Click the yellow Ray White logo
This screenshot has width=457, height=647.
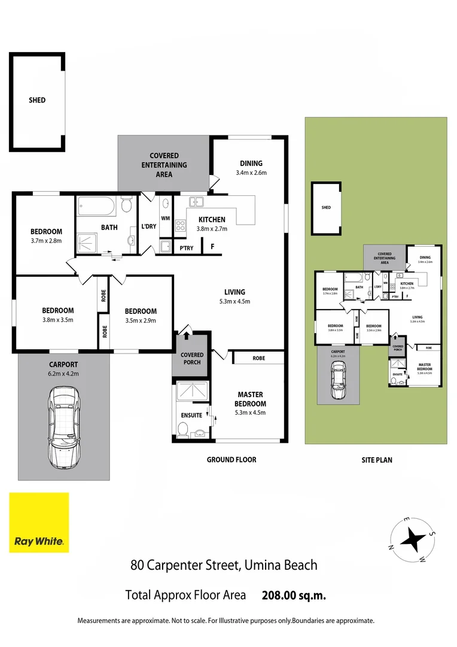coord(39,522)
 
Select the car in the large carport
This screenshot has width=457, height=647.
coord(64,427)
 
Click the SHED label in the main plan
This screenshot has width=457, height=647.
coord(37,100)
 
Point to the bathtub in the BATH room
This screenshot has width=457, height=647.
coord(96,208)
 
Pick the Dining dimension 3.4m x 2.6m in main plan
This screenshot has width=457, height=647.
coord(251,173)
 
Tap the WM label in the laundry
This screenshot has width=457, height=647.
coord(166,219)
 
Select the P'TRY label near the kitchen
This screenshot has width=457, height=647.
coord(186,248)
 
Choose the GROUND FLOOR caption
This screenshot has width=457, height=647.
coord(231,459)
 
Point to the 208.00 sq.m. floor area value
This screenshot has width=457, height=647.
coord(294,595)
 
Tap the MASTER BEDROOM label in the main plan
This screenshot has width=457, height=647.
coord(251,399)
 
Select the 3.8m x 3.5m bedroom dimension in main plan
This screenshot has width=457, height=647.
coord(58,320)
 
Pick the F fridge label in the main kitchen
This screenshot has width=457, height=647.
coord(212,246)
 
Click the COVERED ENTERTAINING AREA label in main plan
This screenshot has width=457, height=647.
coord(164,165)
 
